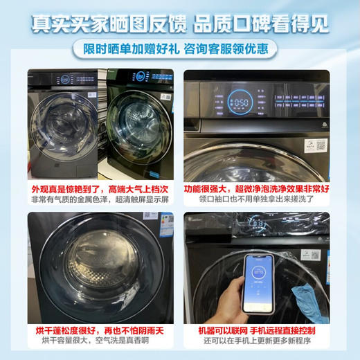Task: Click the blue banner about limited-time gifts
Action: (179, 48)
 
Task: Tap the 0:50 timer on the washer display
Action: (239, 102)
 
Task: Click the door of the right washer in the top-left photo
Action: (138, 125)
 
